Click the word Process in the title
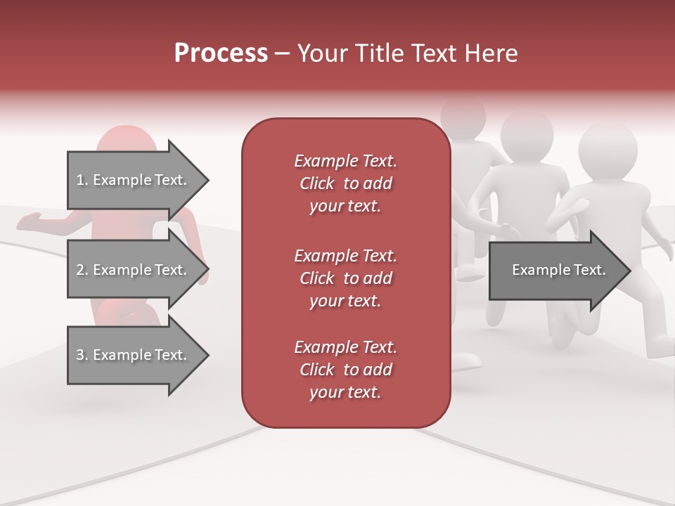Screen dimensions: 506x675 (x=220, y=53)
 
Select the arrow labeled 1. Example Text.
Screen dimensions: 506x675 (x=131, y=180)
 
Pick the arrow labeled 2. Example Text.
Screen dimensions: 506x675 (x=131, y=270)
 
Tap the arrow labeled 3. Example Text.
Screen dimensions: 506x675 (x=131, y=355)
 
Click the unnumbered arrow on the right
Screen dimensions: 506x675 (x=558, y=270)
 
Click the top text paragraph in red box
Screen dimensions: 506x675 (x=345, y=183)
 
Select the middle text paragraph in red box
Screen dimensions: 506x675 (x=345, y=278)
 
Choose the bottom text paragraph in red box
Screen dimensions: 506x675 (x=345, y=370)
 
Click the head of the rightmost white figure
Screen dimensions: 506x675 (x=607, y=149)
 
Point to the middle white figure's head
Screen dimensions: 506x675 (x=527, y=134)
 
